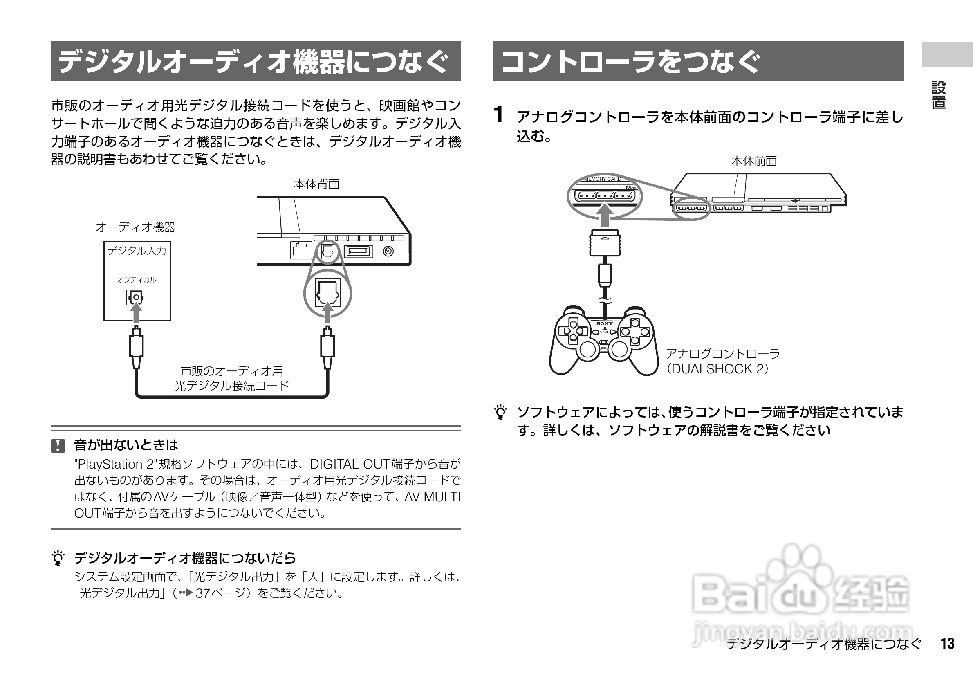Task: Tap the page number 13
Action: click(x=948, y=643)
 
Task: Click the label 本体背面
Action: click(x=316, y=184)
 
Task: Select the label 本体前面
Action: click(x=753, y=161)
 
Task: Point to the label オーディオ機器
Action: click(x=136, y=228)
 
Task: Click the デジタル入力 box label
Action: click(x=137, y=251)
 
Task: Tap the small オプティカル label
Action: click(x=137, y=280)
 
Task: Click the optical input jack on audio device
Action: click(x=136, y=297)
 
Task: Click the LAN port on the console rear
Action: click(x=301, y=249)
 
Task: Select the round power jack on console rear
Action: click(x=388, y=251)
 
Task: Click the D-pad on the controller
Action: click(x=572, y=330)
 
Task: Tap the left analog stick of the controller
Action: click(x=587, y=350)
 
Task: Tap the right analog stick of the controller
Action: click(x=619, y=350)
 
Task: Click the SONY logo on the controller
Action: click(x=605, y=323)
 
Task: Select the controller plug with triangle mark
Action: click(x=605, y=243)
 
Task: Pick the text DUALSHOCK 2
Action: click(x=717, y=369)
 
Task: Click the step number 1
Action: click(x=499, y=114)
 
